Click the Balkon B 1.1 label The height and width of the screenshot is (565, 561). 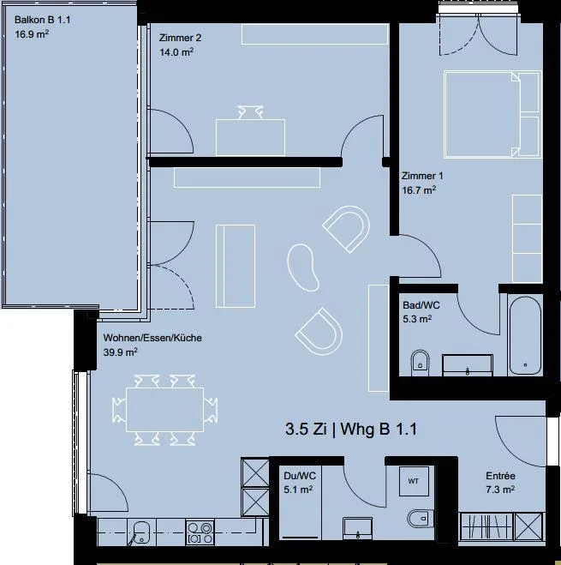(x=42, y=20)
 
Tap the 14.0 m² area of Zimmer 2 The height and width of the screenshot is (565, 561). (x=176, y=52)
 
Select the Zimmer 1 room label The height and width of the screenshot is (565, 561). (x=422, y=176)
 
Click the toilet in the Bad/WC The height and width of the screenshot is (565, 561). (x=420, y=363)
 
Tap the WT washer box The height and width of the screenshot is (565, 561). (x=414, y=481)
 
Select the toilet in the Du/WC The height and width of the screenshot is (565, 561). (x=421, y=519)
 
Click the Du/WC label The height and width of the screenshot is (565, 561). (x=300, y=476)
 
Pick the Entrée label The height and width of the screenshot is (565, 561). (x=500, y=476)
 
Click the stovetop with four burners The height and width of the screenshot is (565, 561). (x=200, y=532)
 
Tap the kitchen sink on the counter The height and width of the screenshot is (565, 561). (x=140, y=532)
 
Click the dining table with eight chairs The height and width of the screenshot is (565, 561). (x=165, y=410)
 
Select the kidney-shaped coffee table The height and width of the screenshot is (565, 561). (x=303, y=267)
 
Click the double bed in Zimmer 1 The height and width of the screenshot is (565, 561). (x=492, y=115)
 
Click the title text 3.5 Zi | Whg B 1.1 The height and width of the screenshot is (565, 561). (x=351, y=430)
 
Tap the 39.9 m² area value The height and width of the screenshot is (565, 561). (x=120, y=352)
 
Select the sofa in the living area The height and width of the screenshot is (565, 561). (x=236, y=266)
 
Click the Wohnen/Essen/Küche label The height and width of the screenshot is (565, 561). (x=152, y=338)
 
